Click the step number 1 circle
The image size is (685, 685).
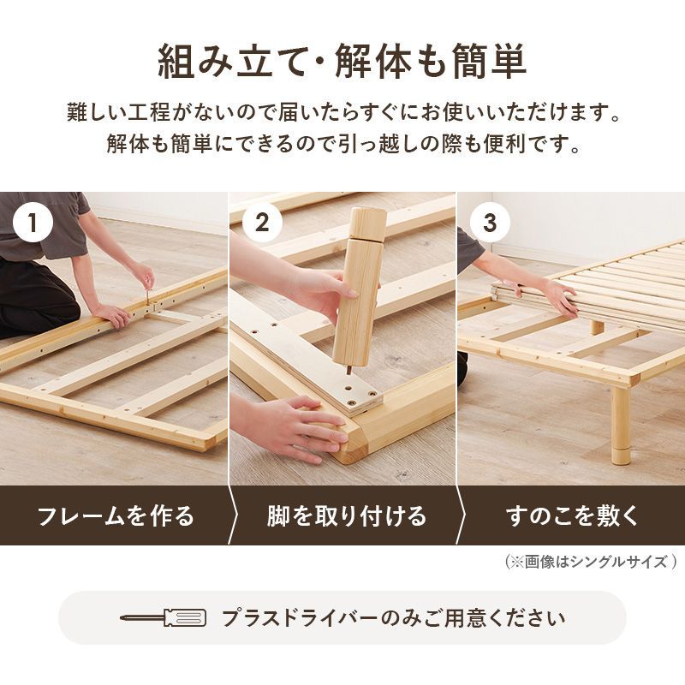coord(33,224)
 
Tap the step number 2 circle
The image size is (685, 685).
coord(262,224)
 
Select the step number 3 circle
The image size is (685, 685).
coord(490,224)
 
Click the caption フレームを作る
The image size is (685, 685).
coord(116,516)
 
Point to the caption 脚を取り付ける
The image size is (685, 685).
coord(345,516)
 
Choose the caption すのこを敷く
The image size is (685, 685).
coord(572,516)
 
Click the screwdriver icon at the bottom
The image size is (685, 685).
coord(163,617)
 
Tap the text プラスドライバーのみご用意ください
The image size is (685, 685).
coord(393,617)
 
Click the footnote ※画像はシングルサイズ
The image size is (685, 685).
coord(591,563)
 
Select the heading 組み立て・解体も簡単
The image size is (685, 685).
coord(342,61)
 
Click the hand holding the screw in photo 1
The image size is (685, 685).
coord(143,276)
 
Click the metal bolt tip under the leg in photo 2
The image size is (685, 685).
coord(347,370)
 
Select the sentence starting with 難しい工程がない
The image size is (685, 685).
coord(342,112)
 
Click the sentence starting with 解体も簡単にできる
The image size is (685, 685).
coord(342,143)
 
